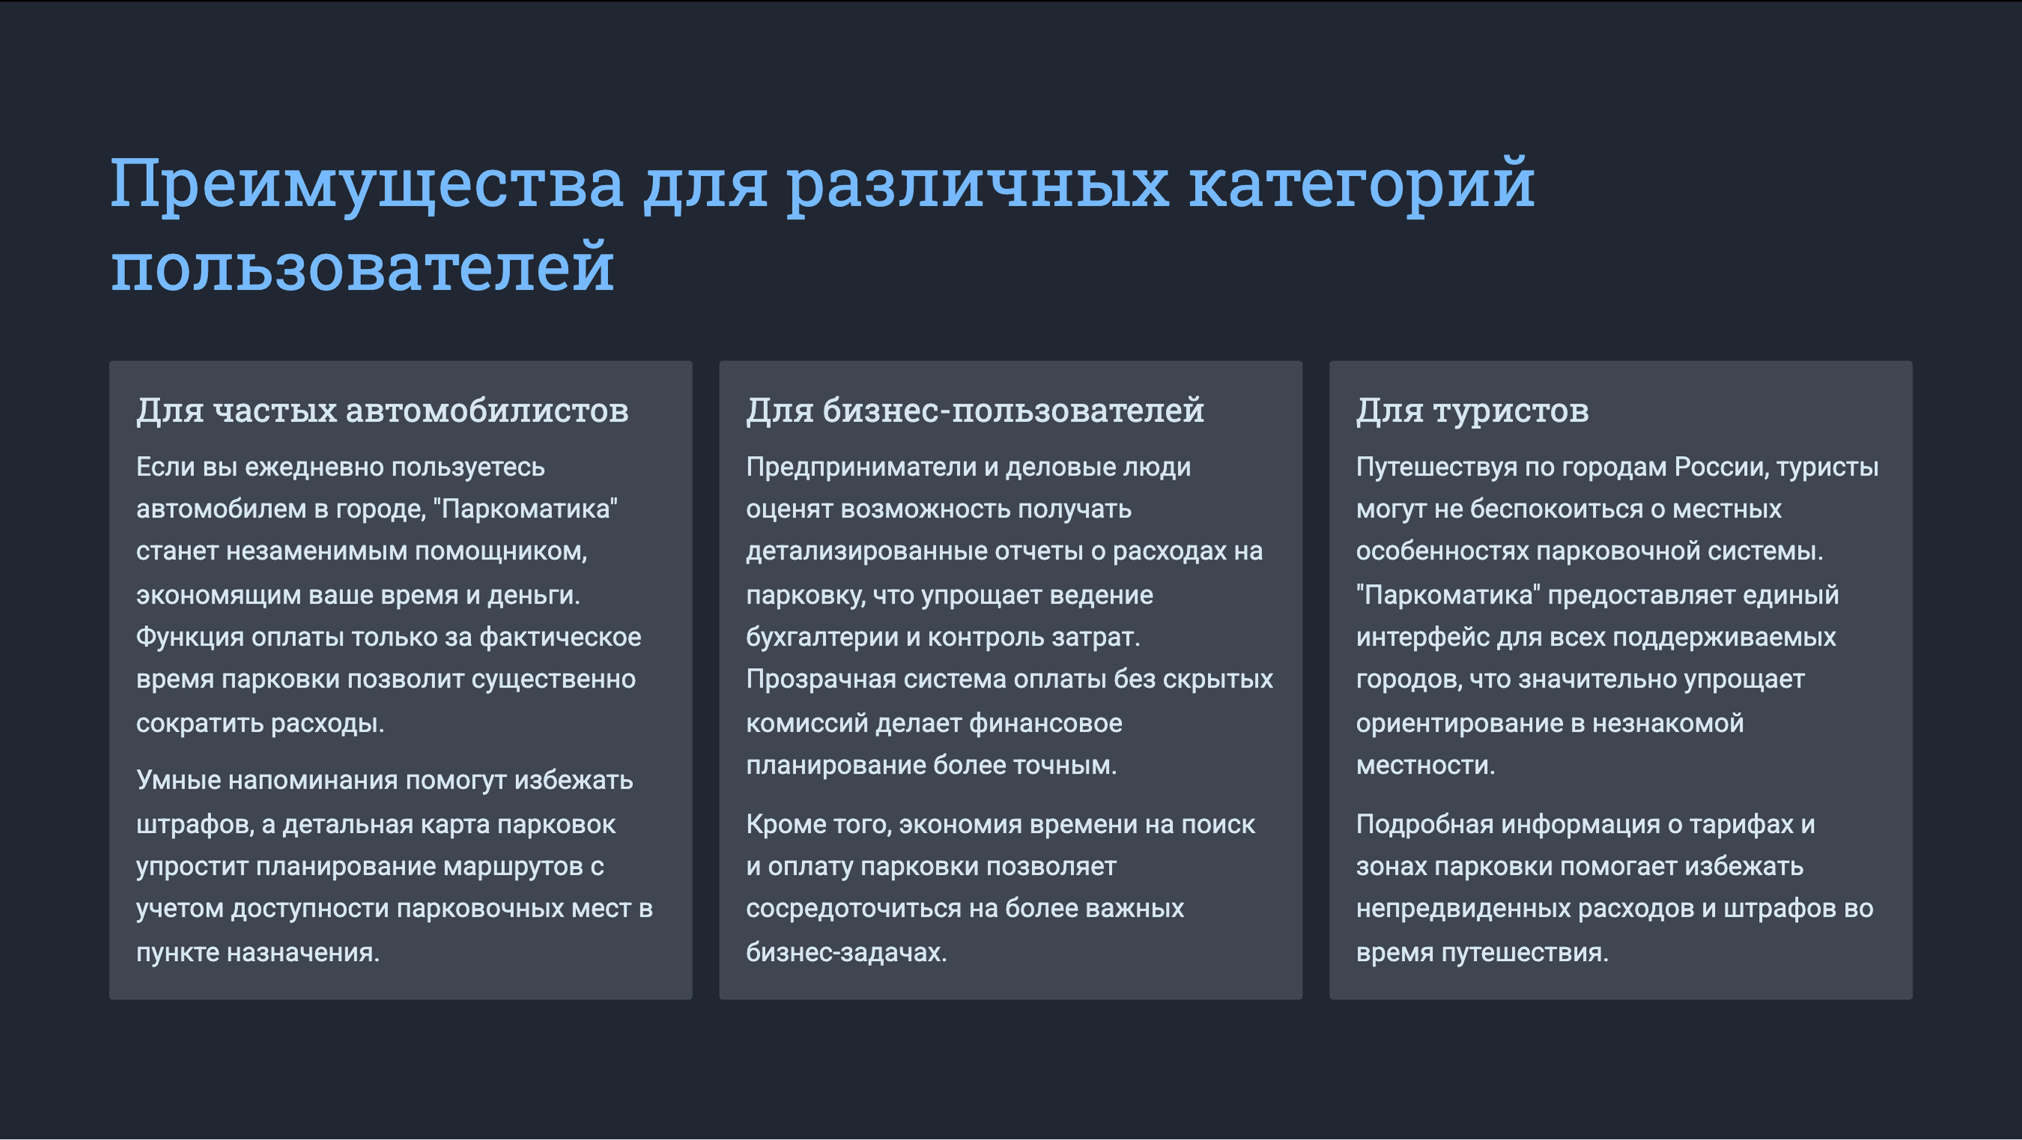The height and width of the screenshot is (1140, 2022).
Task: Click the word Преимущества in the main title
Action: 366,184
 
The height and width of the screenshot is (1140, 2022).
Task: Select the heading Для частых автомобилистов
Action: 382,410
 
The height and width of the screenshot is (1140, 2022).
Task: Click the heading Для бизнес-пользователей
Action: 975,410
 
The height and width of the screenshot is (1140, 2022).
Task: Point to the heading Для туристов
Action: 1472,410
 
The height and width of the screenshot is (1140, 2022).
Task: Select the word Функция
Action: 190,637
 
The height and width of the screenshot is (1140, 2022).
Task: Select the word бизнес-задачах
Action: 846,951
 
